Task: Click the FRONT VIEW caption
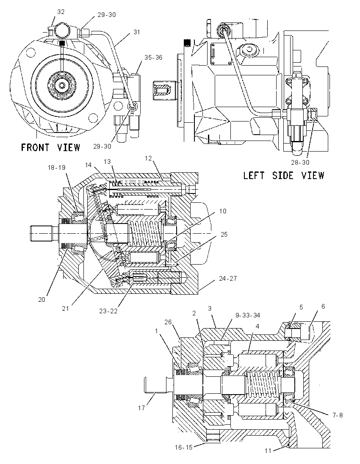click(51, 147)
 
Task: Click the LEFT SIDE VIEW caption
click(284, 175)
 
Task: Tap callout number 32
click(61, 12)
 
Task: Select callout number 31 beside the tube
click(136, 32)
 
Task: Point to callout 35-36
click(153, 58)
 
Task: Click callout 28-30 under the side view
click(300, 162)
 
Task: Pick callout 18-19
click(57, 168)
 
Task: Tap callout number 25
click(224, 235)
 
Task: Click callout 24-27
click(228, 279)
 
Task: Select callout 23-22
click(108, 311)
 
